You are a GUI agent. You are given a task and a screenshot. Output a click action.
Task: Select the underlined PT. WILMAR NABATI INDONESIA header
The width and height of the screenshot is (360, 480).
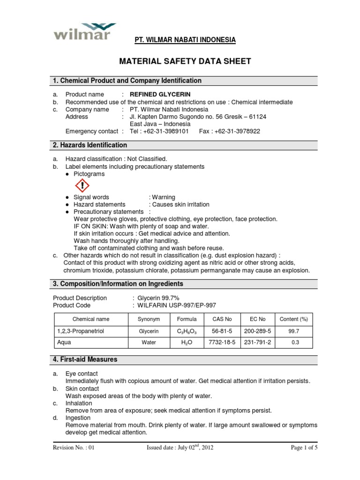185,40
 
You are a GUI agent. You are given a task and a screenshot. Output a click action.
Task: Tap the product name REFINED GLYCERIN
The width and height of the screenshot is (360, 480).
160,94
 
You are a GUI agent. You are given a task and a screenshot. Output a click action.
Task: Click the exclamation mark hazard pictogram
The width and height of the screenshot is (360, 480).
82,186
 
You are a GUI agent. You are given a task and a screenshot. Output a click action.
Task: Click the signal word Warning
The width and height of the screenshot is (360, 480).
163,197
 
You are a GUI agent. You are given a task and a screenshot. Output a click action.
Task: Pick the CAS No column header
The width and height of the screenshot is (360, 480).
222,319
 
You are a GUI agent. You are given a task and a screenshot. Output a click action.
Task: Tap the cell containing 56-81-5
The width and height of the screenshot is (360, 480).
222,331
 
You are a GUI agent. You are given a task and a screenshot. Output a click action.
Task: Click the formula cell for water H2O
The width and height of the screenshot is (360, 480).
187,343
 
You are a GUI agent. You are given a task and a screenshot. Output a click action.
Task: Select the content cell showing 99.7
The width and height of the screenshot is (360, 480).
293,331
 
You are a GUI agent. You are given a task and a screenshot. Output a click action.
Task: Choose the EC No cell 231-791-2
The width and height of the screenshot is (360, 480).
257,343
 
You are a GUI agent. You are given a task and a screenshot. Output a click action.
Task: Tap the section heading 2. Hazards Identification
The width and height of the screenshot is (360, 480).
90,145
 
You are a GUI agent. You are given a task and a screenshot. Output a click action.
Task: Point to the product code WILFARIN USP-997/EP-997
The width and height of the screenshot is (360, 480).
176,305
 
